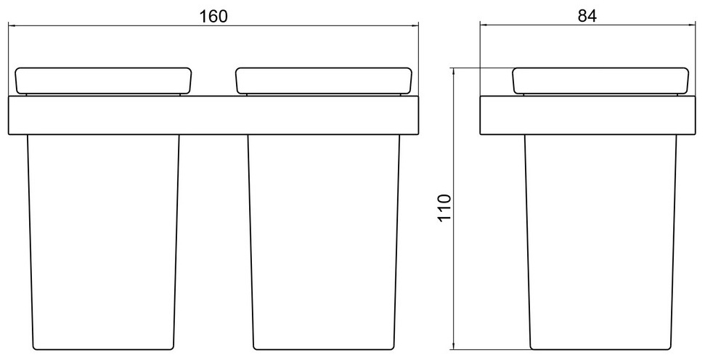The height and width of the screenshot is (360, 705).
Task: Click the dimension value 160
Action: point(213,16)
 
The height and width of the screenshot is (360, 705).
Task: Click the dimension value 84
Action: point(587,16)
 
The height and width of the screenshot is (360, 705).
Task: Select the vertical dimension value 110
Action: point(444,208)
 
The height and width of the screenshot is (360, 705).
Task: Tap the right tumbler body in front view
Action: point(324,242)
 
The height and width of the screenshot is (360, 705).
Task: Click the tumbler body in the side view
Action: point(600,242)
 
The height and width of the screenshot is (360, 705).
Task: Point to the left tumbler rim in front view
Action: point(103,81)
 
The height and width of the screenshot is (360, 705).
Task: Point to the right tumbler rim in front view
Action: point(324,81)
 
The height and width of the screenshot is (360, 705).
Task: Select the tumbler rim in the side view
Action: point(600,81)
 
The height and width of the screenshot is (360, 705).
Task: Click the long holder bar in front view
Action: point(213,115)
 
